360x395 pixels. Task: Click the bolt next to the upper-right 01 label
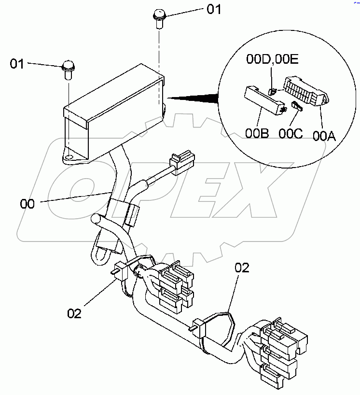click(x=159, y=18)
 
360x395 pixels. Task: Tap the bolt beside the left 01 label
click(x=69, y=70)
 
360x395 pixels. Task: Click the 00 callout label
click(x=28, y=204)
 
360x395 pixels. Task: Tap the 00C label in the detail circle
click(x=291, y=133)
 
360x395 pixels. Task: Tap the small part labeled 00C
click(x=296, y=106)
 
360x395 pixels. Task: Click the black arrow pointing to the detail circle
click(x=193, y=99)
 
